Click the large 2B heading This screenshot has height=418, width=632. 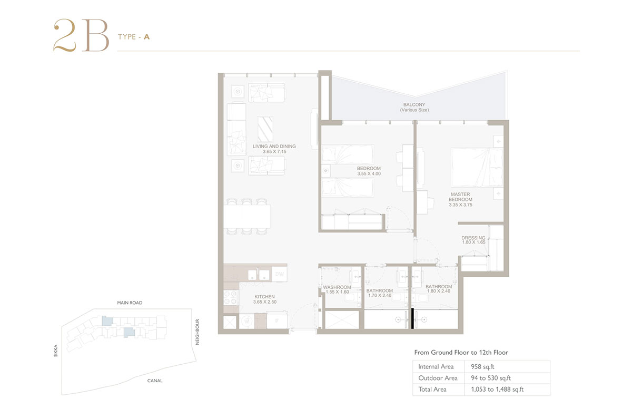pos(81,35)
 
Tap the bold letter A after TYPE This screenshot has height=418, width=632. pos(147,37)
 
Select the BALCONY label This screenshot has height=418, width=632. pos(414,104)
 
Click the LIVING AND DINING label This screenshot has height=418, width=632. pos(274,147)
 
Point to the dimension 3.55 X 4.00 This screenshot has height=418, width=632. pos(369,174)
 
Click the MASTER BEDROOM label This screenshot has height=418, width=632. pos(460,197)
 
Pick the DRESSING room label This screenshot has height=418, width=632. pos(473,238)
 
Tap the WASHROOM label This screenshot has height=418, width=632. pos(337,287)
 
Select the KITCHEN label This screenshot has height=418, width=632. pos(264,297)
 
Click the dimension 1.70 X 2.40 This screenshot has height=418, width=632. pos(380,295)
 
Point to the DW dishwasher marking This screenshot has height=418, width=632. pos(279,274)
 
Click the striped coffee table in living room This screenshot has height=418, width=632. pos(265,129)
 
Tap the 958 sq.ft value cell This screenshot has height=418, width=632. pos(482,366)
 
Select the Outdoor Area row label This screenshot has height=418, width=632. pos(438,378)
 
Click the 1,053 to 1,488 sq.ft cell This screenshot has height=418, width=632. pos(497,389)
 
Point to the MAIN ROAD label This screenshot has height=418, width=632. pos(130,303)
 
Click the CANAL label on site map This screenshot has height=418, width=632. pos(155,381)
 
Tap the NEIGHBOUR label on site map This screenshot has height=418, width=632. pos(197,332)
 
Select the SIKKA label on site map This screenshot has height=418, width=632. pos(56,351)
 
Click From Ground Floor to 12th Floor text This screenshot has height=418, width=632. pos(461,353)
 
